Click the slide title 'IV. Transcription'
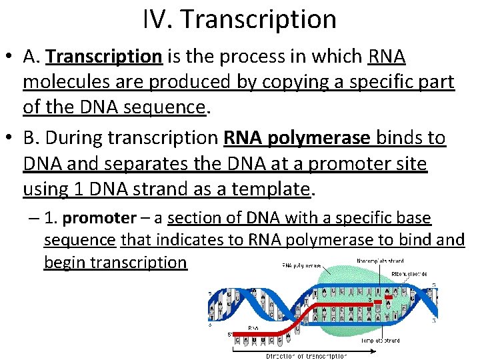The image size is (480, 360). click(x=239, y=19)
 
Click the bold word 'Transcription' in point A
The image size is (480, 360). click(x=104, y=58)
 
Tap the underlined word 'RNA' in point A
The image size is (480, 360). click(x=387, y=58)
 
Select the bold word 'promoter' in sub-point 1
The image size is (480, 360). click(x=99, y=219)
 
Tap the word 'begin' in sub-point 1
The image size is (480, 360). click(x=65, y=262)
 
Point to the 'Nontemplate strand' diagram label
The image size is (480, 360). click(x=380, y=261)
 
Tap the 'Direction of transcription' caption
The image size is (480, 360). click(x=306, y=356)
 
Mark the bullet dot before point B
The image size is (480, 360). click(x=9, y=139)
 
